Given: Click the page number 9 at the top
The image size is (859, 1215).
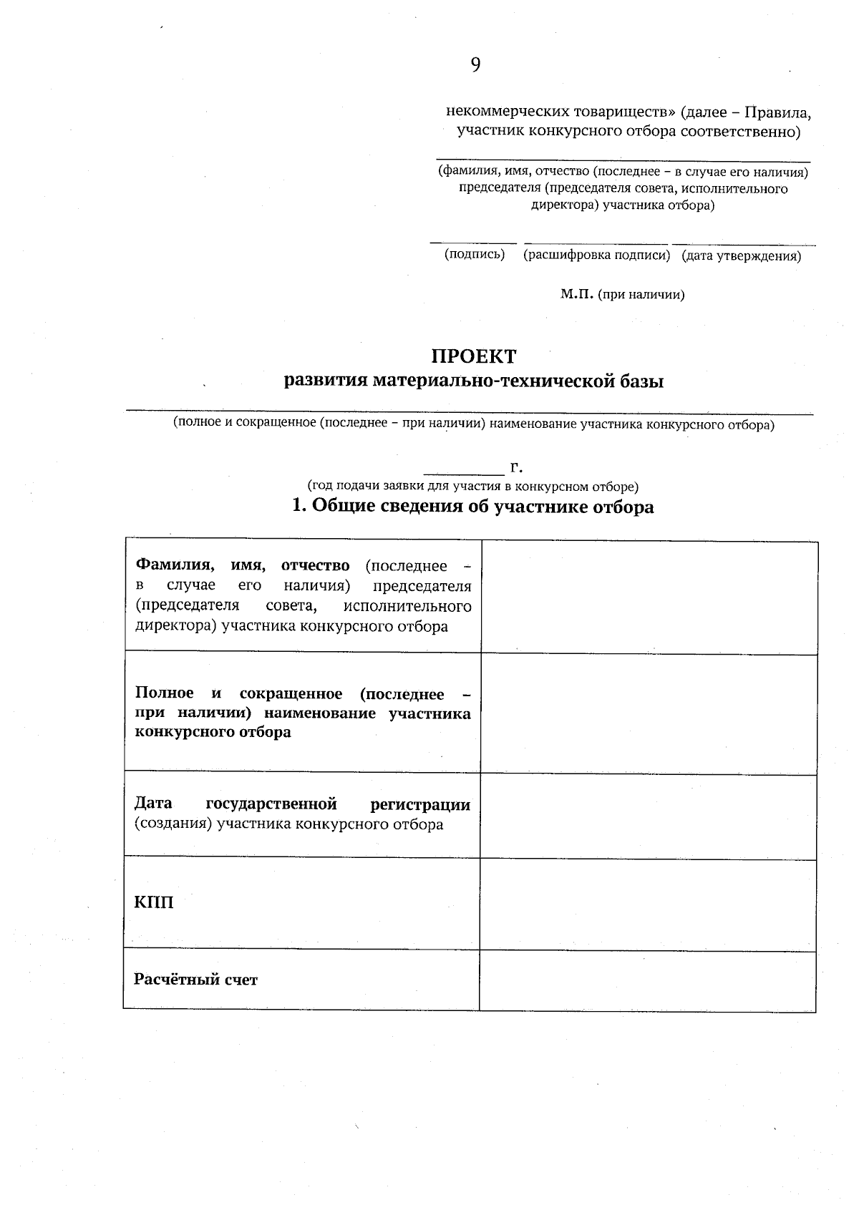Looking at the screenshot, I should (475, 65).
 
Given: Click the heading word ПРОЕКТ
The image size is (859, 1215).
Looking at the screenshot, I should (473, 356).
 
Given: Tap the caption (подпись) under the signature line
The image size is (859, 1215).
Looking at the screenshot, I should (474, 254).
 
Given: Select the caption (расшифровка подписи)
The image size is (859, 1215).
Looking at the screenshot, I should (596, 255).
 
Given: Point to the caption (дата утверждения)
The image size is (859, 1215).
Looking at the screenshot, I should (741, 255).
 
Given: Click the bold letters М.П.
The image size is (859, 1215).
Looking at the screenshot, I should (577, 294).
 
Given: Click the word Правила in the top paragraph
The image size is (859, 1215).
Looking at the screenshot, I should (777, 112).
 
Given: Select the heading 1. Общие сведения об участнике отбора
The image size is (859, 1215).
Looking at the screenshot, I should (473, 507).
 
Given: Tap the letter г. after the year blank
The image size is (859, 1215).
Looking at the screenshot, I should (516, 467).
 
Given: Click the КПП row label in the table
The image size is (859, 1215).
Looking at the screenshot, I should (154, 902).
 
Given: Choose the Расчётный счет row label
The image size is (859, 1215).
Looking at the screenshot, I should (195, 980).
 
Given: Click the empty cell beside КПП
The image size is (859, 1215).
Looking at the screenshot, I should (648, 904).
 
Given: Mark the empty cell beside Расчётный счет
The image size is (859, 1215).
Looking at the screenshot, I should (648, 980).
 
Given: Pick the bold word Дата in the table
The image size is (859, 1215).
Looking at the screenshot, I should (153, 804).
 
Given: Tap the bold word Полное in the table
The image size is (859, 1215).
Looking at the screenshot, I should (165, 693).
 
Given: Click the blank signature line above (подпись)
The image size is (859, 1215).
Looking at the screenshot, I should (473, 243).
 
